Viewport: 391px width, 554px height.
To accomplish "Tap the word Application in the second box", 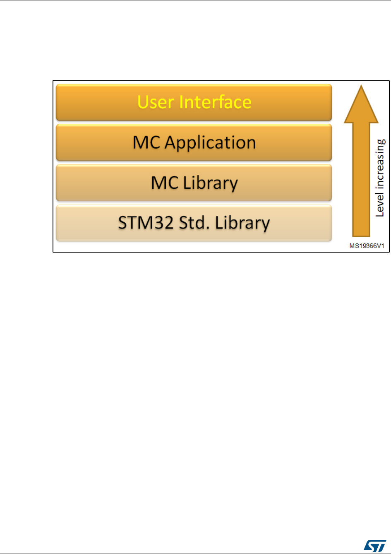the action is click(x=210, y=143).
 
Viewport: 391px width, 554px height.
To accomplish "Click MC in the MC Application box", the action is click(x=146, y=142).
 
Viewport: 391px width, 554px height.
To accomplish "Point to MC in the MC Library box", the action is click(x=165, y=183).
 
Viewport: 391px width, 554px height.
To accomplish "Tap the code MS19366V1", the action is click(x=367, y=246).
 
